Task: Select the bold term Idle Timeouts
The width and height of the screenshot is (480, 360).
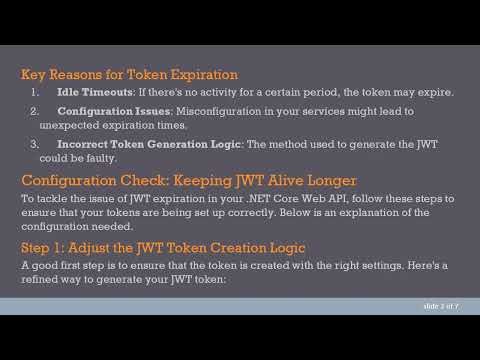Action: coord(93,93)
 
